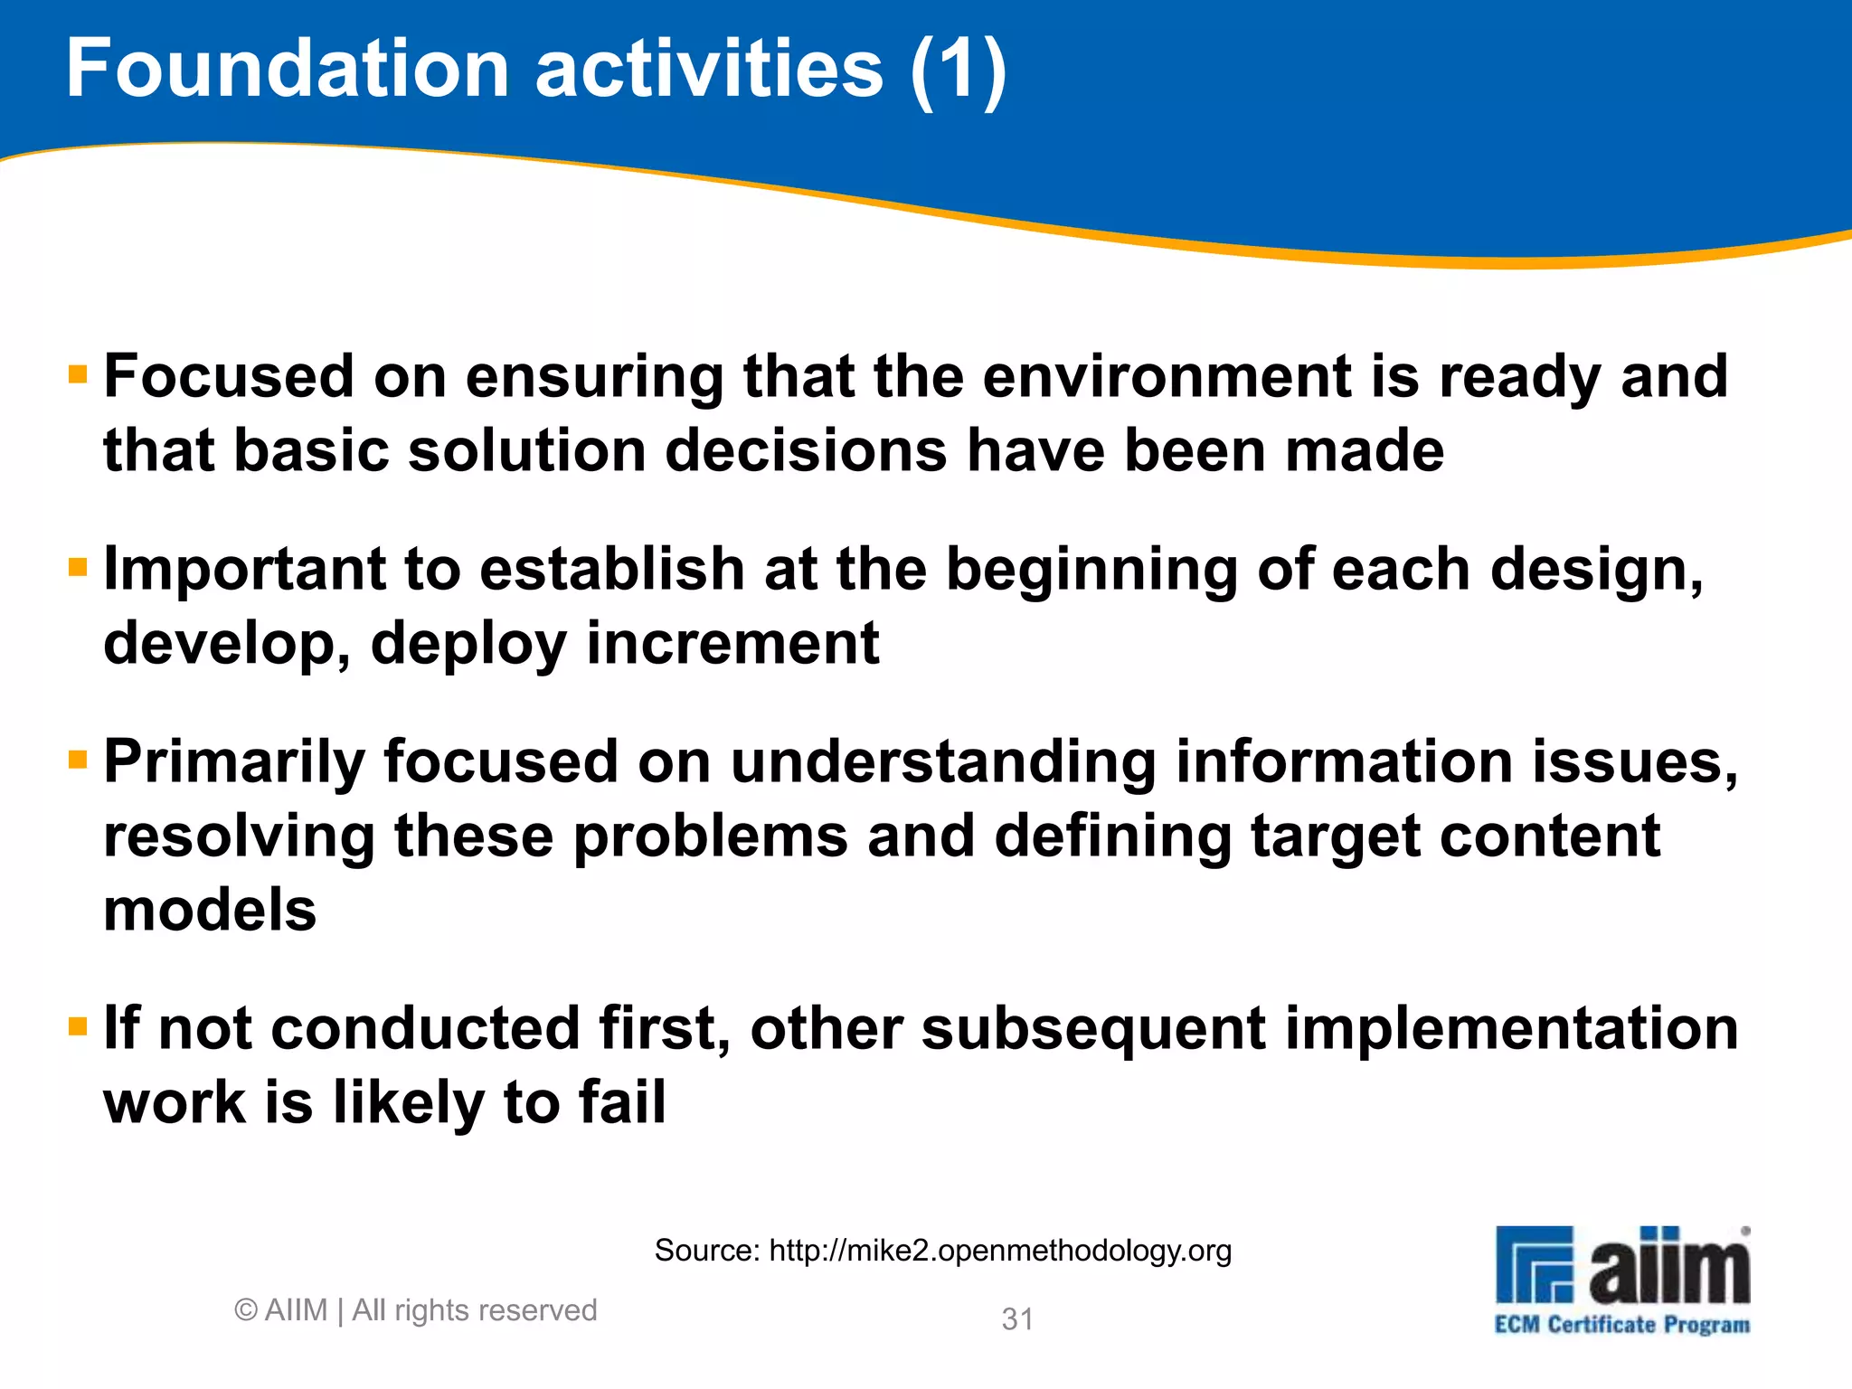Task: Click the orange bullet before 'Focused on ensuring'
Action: [x=78, y=374]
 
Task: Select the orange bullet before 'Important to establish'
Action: [x=78, y=568]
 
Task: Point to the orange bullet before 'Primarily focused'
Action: [x=78, y=760]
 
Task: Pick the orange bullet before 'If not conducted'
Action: [x=78, y=1026]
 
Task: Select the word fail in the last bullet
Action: [x=622, y=1102]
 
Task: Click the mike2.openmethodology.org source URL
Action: [x=1000, y=1251]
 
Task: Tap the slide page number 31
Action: [x=1017, y=1319]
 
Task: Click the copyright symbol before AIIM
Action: [x=245, y=1310]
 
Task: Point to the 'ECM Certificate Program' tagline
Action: [x=1621, y=1325]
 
